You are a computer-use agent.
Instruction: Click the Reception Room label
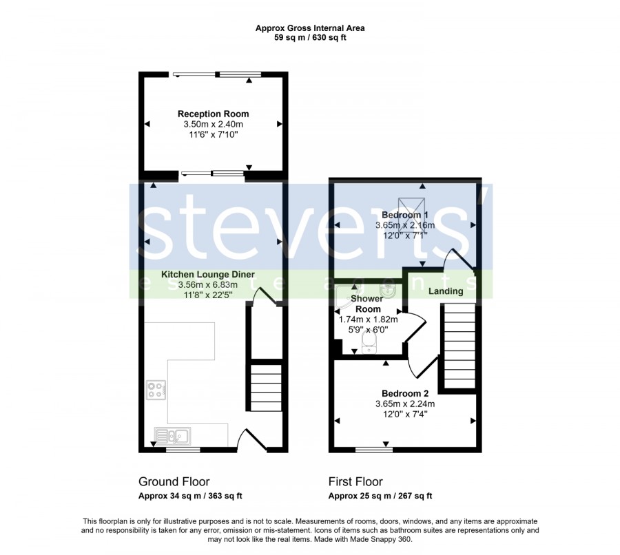[213, 114]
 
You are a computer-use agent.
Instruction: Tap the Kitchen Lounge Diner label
[208, 274]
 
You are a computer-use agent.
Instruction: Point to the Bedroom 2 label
[405, 394]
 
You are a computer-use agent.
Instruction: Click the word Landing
[446, 291]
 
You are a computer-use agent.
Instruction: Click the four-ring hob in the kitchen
[156, 390]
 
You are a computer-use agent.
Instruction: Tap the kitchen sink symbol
[172, 436]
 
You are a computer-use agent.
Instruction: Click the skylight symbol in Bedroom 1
[411, 215]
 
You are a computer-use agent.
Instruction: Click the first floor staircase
[459, 346]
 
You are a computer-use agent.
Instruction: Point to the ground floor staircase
[267, 388]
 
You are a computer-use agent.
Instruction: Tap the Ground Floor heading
[174, 481]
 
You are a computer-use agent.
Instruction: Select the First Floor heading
[355, 481]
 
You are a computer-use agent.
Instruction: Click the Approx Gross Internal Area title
[310, 28]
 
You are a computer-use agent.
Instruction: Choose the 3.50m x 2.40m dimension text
[213, 124]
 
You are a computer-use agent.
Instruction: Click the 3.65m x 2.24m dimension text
[405, 404]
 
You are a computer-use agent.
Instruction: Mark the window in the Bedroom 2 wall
[374, 450]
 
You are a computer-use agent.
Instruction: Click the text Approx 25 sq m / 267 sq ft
[380, 496]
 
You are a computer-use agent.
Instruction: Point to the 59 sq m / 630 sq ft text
[310, 38]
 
